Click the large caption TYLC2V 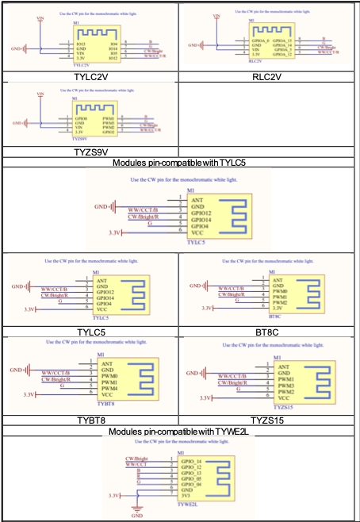click(90, 76)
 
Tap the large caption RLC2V click(269, 76)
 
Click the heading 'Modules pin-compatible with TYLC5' click(180, 162)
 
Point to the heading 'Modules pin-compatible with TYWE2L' click(180, 430)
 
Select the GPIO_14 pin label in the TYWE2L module click(192, 461)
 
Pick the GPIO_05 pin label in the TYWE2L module click(192, 479)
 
